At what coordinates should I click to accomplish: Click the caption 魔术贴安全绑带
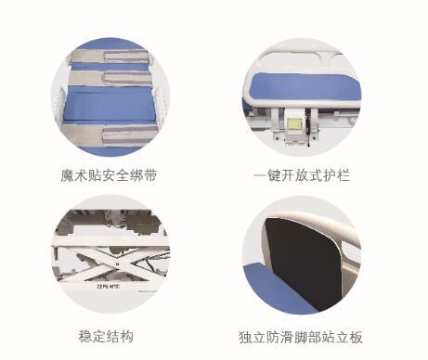point(109,176)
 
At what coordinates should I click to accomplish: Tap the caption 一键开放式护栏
point(302,175)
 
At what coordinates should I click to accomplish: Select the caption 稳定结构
point(106,337)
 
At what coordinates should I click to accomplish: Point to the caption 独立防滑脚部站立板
point(301,337)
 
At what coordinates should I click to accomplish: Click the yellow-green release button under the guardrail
point(293,124)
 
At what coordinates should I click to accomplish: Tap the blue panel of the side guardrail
point(305,87)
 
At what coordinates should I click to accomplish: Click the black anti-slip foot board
point(302,263)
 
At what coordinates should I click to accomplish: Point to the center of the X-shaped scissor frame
point(117,264)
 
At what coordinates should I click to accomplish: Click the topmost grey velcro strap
point(110,57)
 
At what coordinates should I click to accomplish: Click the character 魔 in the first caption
point(67,176)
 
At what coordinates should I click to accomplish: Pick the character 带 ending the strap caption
point(150,176)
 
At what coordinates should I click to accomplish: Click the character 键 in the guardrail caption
point(274,175)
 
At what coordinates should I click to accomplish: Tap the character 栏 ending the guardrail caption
point(344,175)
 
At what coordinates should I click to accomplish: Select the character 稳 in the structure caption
point(85,337)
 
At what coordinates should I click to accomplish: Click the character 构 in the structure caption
point(127,337)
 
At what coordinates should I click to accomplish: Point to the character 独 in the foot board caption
point(245,337)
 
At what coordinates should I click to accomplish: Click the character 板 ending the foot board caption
point(356,337)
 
